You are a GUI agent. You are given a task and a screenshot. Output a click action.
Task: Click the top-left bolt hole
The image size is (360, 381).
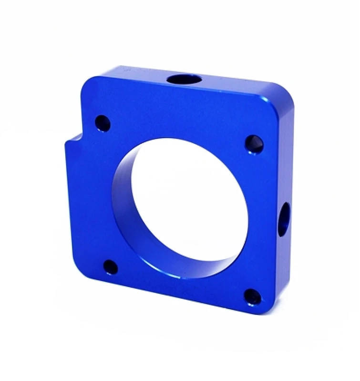103,123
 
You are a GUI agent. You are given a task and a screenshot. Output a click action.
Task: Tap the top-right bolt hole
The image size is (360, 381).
254,144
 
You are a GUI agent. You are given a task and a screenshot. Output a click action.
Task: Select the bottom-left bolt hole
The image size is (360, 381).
111,267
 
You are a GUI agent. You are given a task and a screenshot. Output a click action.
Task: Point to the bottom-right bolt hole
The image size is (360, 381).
253,297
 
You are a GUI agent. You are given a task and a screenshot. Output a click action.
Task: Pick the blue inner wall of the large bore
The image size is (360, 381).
125,200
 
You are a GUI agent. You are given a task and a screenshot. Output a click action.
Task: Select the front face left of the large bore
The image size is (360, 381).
91,200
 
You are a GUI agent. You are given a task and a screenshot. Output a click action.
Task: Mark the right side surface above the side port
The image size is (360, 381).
287,157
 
